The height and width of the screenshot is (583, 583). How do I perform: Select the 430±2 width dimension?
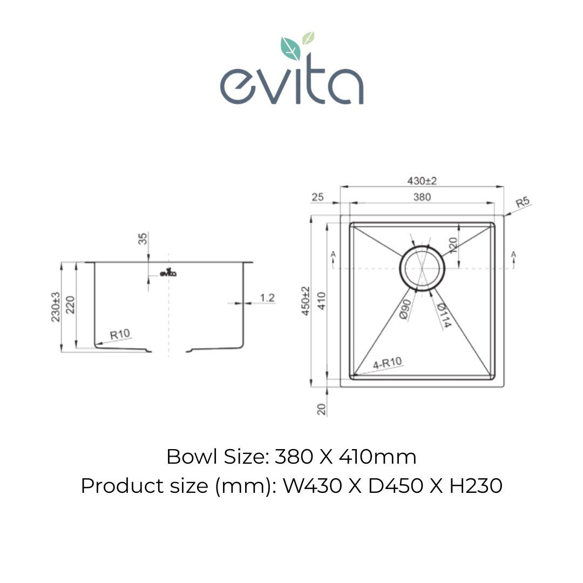coord(422,181)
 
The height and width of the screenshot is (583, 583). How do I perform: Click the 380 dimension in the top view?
coord(422,197)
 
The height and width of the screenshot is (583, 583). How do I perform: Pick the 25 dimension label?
coord(318,198)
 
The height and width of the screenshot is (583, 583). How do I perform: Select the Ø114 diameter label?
coord(441,316)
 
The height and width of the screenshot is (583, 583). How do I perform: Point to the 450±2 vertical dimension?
coord(306,301)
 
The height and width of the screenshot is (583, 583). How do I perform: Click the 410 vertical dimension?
coord(321,301)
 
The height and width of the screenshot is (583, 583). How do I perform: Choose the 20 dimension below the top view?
coord(322,409)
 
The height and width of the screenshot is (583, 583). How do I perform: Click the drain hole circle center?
coord(422,268)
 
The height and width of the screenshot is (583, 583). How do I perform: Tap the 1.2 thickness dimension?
coord(267,297)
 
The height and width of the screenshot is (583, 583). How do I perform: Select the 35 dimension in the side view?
coord(143,239)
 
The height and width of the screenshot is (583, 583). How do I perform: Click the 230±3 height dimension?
coord(55,307)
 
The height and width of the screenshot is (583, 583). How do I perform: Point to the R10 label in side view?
coord(120,335)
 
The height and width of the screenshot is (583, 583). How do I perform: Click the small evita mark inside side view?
coord(167,273)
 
